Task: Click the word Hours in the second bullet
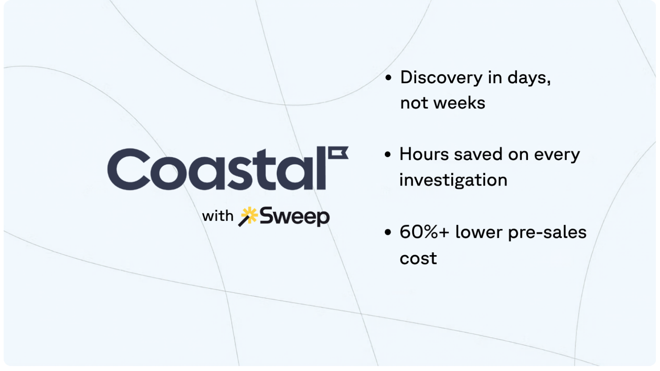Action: click(x=424, y=155)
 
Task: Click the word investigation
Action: click(x=453, y=180)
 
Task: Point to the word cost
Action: click(x=418, y=258)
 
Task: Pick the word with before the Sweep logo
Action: click(x=217, y=216)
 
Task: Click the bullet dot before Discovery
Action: click(x=388, y=78)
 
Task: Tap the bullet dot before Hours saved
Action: click(x=388, y=155)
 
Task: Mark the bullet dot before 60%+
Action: click(x=388, y=233)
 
